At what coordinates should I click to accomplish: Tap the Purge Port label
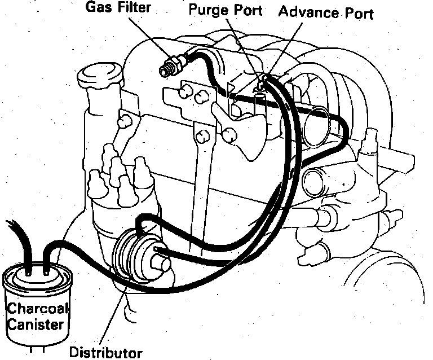tap(225, 11)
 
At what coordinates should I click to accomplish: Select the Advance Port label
tap(327, 12)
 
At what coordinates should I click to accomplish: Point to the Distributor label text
tap(105, 353)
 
